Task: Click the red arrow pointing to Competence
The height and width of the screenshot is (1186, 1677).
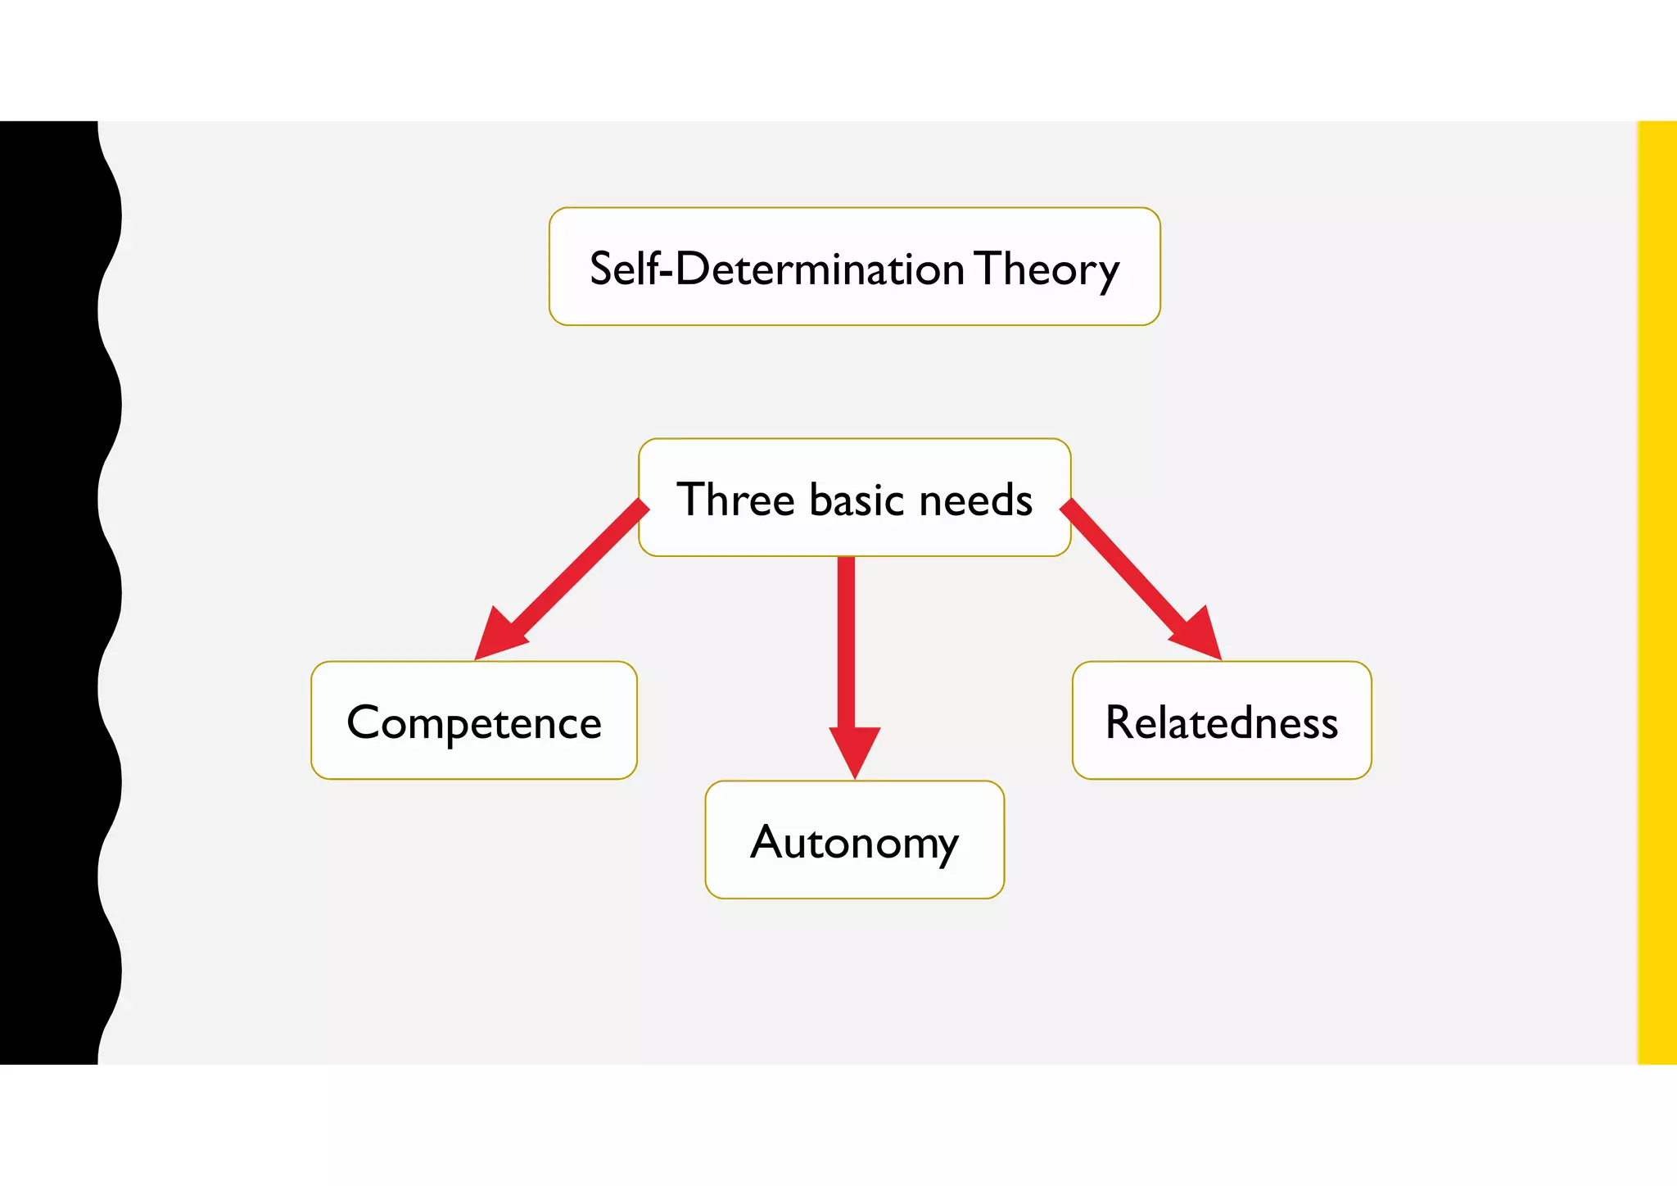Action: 573,573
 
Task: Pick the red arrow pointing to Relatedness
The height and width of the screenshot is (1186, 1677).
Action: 1130,573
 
